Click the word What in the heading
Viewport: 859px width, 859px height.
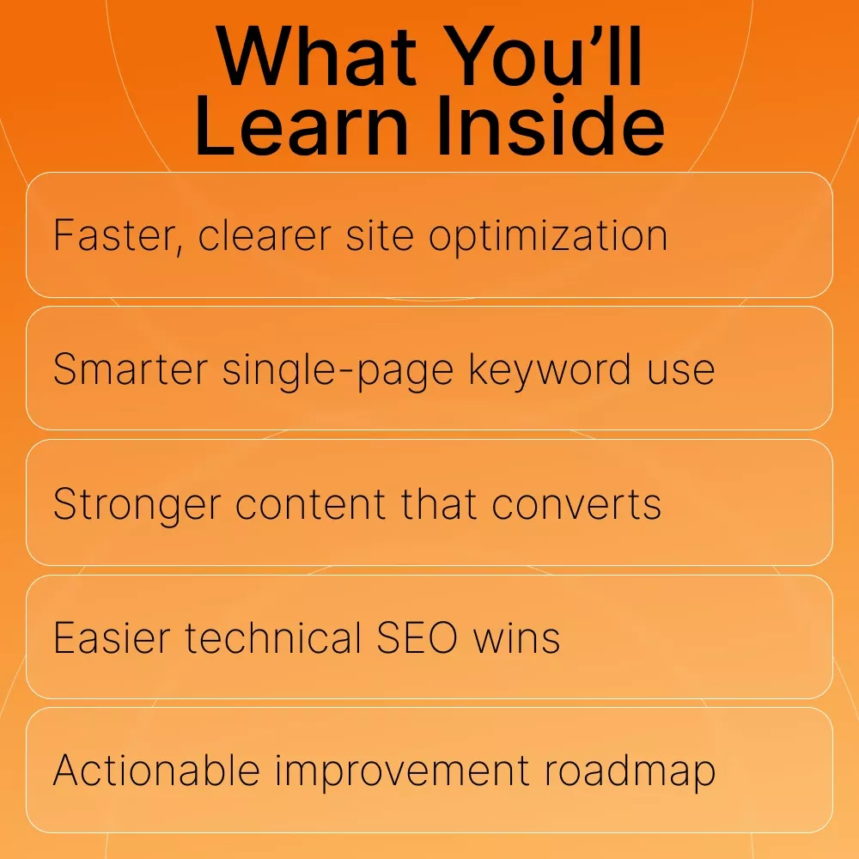click(x=317, y=57)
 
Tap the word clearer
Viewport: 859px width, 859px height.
click(x=265, y=235)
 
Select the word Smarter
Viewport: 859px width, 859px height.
click(x=131, y=369)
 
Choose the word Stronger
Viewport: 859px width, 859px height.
click(x=137, y=504)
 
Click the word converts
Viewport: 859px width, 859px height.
click(x=576, y=504)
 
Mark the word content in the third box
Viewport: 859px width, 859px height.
click(x=311, y=504)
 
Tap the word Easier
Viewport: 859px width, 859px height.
click(x=112, y=637)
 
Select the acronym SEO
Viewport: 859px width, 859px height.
click(x=417, y=637)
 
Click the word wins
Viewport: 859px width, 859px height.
click(x=516, y=637)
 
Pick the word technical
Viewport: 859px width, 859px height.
click(x=273, y=637)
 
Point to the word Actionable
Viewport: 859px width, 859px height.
click(x=156, y=770)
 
